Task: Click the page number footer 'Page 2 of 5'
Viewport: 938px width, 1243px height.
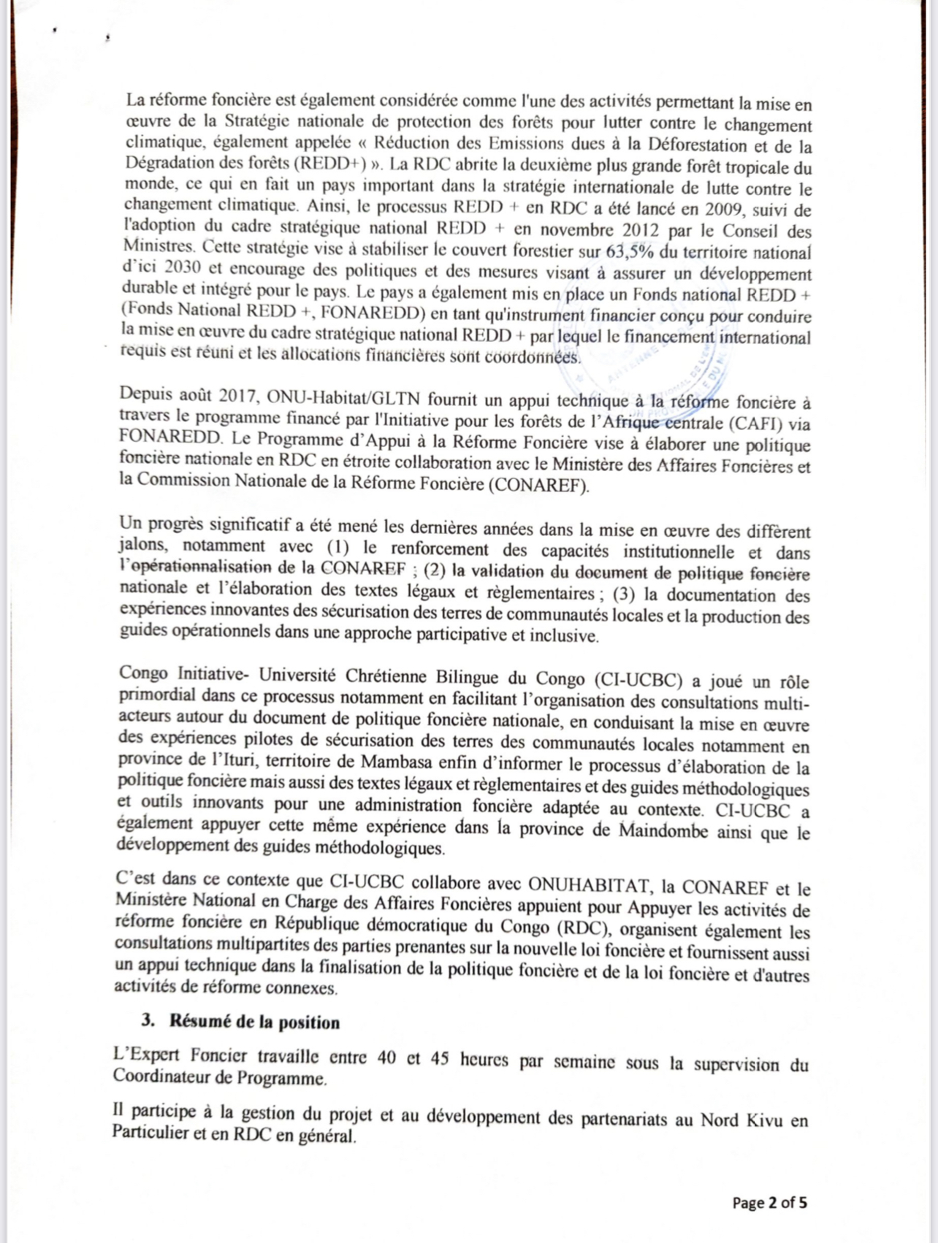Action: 770,1203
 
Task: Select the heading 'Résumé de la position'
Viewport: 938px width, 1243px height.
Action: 255,1022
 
